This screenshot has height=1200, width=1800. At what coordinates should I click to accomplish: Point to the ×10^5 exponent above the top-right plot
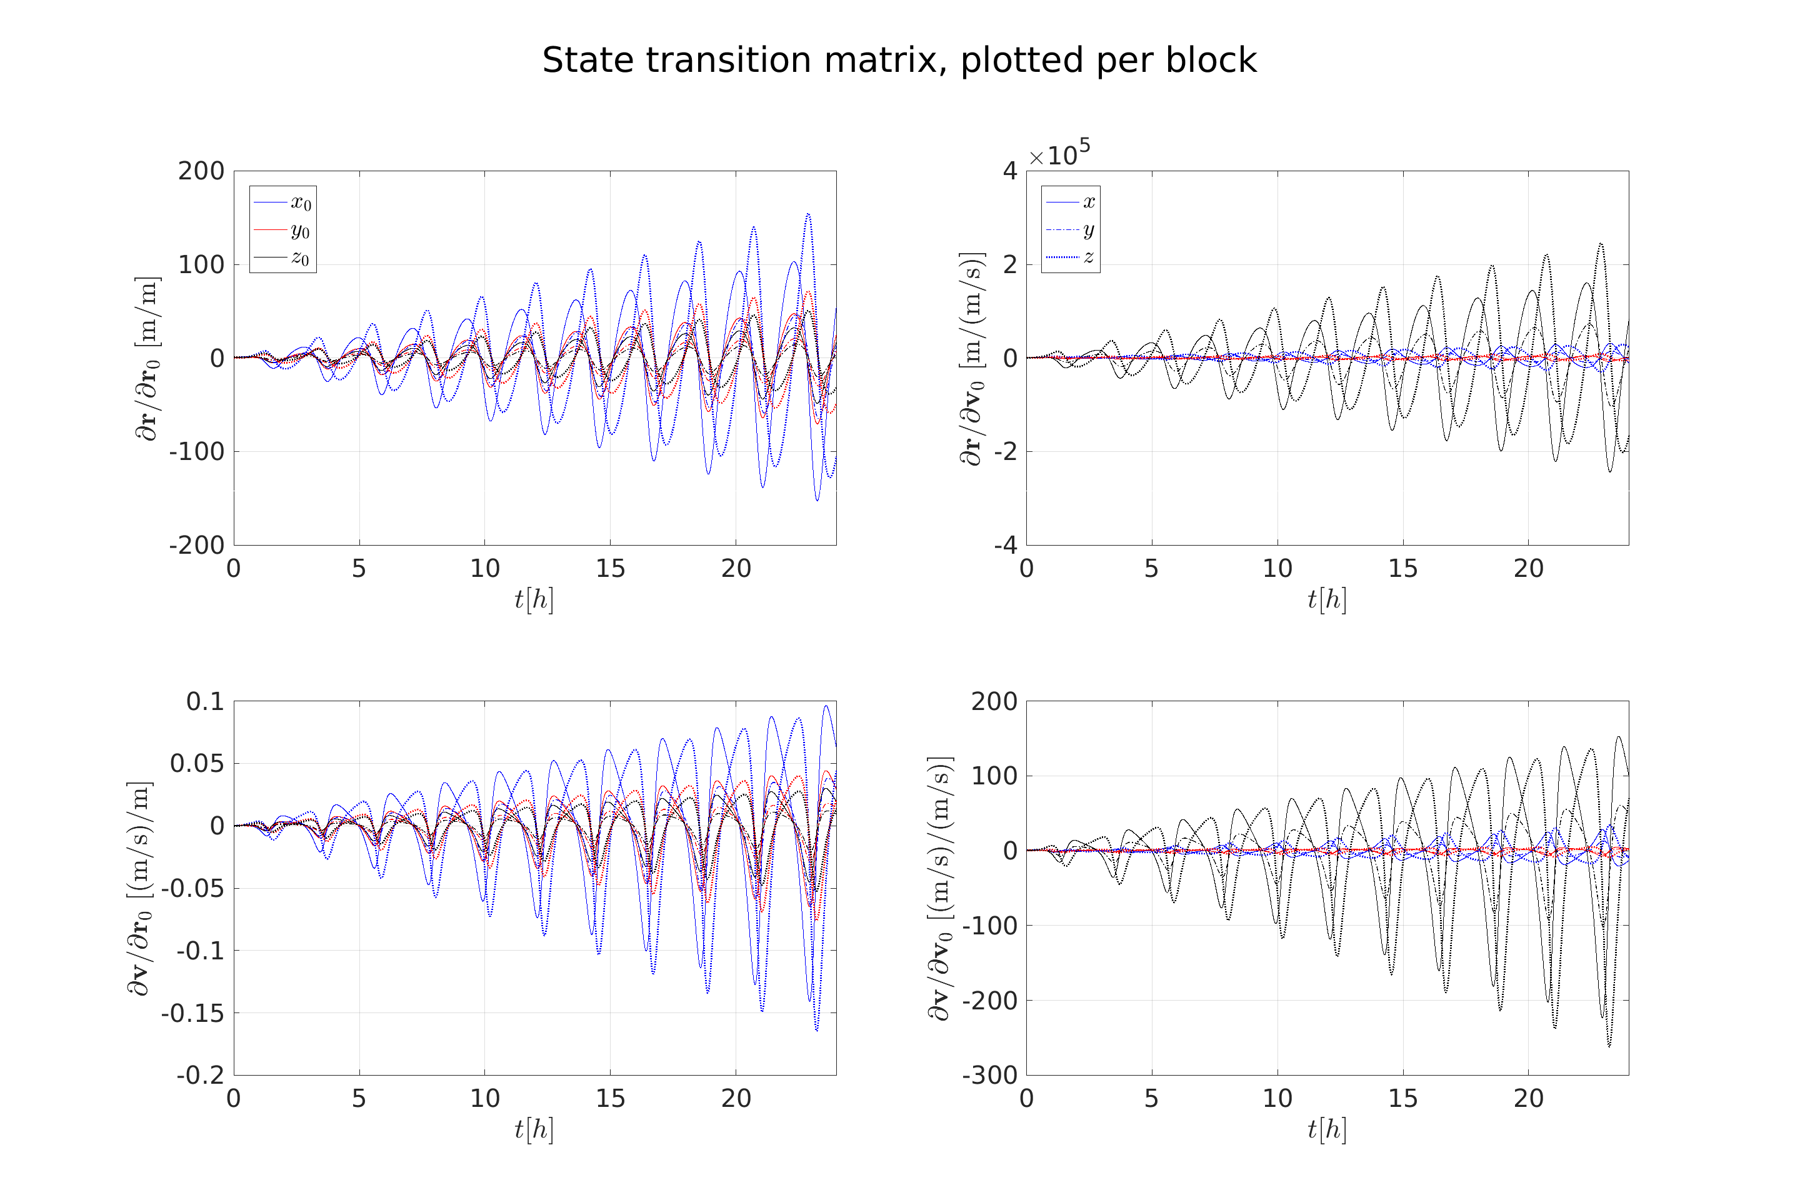click(1060, 154)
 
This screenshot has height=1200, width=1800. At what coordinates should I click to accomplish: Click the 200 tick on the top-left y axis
click(201, 171)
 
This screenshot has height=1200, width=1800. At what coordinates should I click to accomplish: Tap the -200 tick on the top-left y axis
click(197, 546)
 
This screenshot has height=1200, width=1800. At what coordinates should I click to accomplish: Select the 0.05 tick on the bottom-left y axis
click(197, 764)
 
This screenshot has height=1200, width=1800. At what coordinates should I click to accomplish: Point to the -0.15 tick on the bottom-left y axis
click(193, 1013)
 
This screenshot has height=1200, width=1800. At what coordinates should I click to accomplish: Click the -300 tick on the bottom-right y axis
click(989, 1075)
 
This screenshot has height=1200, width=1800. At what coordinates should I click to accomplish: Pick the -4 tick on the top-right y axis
click(1006, 546)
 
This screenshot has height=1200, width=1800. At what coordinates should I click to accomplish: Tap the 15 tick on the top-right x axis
click(1402, 569)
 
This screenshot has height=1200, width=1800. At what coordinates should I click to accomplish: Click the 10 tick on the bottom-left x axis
click(484, 1099)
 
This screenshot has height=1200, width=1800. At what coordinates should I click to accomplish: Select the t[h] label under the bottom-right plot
click(1327, 1129)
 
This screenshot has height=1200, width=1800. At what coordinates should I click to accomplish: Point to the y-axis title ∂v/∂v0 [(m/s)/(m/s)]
click(940, 887)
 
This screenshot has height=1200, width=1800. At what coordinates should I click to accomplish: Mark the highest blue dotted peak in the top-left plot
click(807, 214)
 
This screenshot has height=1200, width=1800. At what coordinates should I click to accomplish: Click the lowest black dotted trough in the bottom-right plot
click(1609, 1046)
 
